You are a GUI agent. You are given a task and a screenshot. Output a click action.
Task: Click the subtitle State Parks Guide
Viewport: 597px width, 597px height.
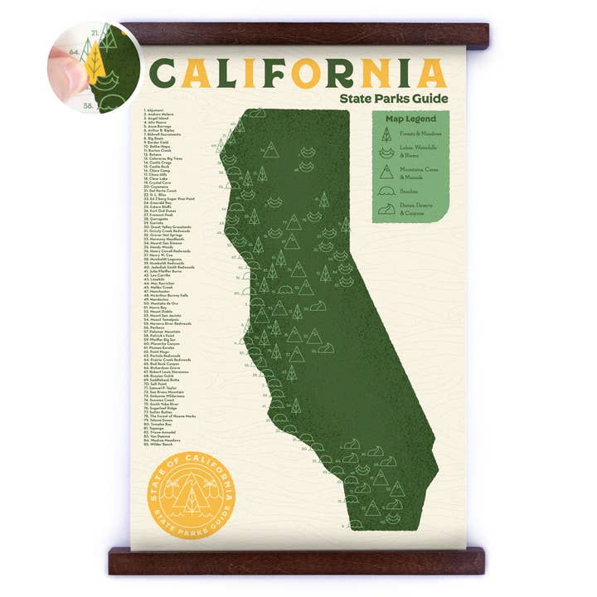tap(393, 99)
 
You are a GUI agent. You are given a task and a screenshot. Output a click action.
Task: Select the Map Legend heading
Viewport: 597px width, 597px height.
tap(410, 119)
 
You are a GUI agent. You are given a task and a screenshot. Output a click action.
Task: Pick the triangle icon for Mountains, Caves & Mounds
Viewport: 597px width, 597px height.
tap(386, 172)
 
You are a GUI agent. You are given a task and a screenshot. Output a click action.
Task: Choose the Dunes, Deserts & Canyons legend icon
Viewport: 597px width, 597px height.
tap(386, 210)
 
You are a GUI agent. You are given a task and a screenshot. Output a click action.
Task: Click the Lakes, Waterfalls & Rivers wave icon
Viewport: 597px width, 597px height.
tap(386, 152)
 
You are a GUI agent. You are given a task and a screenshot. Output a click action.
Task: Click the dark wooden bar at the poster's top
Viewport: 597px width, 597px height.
tap(307, 34)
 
